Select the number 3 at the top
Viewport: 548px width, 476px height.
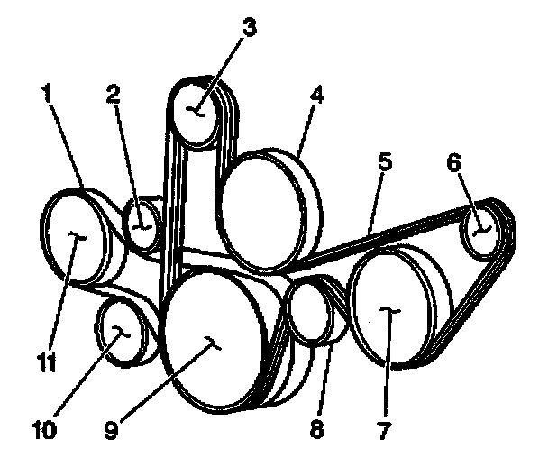[250, 28]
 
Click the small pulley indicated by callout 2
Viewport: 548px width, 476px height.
[142, 224]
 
